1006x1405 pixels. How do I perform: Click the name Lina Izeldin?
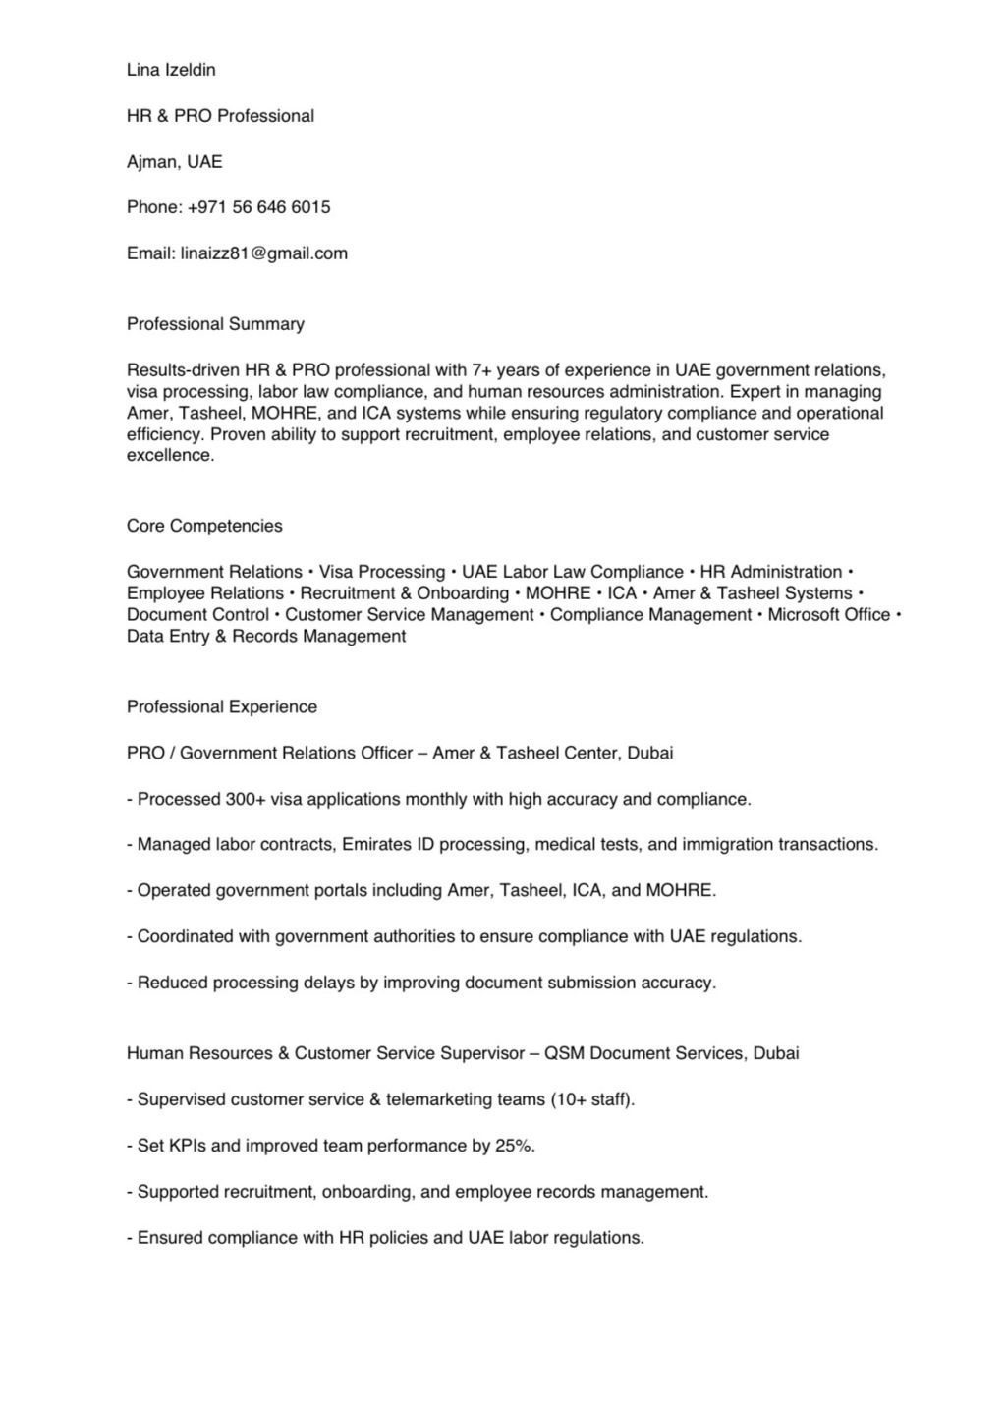tap(171, 70)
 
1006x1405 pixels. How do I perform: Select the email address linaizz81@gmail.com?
tap(264, 253)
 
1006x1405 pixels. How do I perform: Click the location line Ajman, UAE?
tap(175, 161)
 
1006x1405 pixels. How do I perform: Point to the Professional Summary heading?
tap(215, 324)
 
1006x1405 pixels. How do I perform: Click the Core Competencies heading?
tap(204, 526)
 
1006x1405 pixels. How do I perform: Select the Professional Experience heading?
tap(222, 707)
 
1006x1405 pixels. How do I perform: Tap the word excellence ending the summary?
tap(169, 456)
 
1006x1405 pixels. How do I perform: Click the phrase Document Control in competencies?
tap(197, 615)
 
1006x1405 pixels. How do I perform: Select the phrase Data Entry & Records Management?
tap(266, 637)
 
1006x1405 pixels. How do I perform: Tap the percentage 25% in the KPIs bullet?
tap(515, 1147)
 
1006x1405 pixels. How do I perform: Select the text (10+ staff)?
tap(592, 1100)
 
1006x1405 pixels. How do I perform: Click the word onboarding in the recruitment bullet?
tap(366, 1193)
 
